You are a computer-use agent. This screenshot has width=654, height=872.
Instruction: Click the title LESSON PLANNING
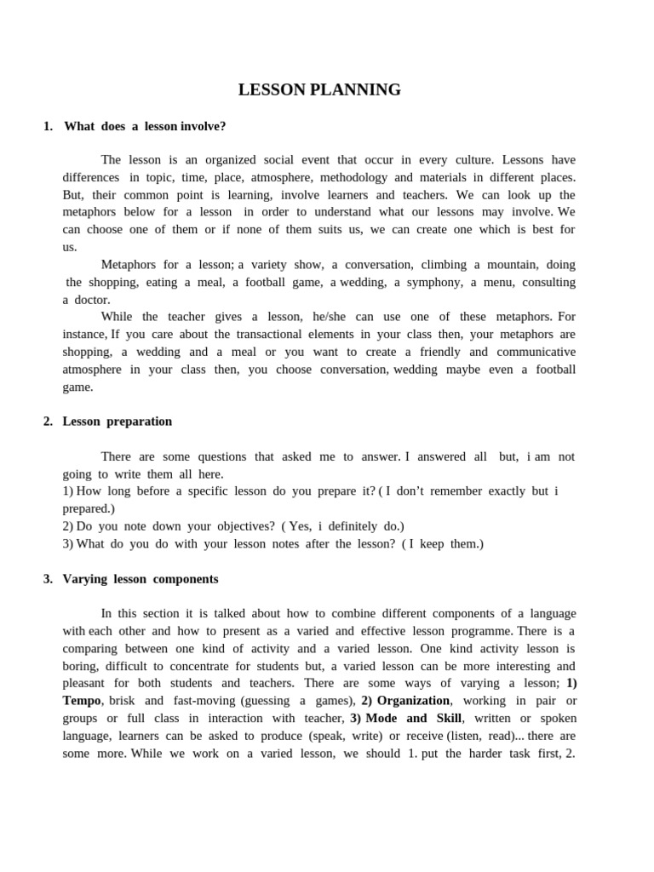319,90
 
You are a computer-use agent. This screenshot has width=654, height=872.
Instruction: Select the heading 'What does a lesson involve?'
145,126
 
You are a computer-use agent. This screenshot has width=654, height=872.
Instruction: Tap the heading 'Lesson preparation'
118,421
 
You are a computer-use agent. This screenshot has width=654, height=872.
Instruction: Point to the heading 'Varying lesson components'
141,578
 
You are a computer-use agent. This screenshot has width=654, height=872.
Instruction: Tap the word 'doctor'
91,300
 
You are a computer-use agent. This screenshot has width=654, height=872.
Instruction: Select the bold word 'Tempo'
83,700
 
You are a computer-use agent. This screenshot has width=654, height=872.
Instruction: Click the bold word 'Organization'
413,700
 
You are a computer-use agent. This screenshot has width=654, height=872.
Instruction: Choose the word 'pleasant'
84,683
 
